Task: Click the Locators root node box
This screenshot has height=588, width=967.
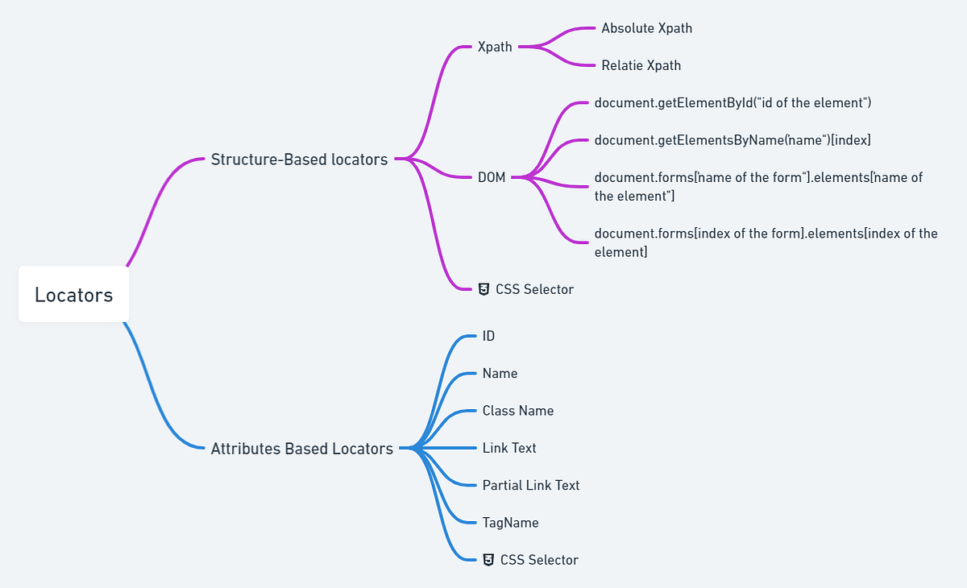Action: (73, 295)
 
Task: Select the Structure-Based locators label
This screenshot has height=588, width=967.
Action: (299, 159)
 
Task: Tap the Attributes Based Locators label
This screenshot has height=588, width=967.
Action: (301, 449)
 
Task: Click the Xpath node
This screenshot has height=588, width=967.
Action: (495, 47)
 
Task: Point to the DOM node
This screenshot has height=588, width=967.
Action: (492, 177)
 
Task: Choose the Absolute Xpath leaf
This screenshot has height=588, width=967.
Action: (646, 28)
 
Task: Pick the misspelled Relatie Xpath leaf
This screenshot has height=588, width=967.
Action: (641, 65)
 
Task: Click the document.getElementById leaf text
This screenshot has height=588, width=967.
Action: (733, 103)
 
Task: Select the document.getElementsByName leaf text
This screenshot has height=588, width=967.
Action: (733, 140)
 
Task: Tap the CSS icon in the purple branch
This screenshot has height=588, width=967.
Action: (483, 289)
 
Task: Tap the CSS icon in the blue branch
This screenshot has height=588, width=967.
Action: (488, 560)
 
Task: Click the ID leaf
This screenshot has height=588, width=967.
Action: (488, 336)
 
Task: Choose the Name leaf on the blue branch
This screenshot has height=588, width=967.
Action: (500, 374)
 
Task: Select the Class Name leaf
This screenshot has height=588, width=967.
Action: (518, 411)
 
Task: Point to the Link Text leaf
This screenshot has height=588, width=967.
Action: (509, 448)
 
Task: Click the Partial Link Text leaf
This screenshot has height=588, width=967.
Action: (531, 485)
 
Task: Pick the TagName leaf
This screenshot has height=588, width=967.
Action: (510, 523)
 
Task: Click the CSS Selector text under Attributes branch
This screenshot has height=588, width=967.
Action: (539, 560)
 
